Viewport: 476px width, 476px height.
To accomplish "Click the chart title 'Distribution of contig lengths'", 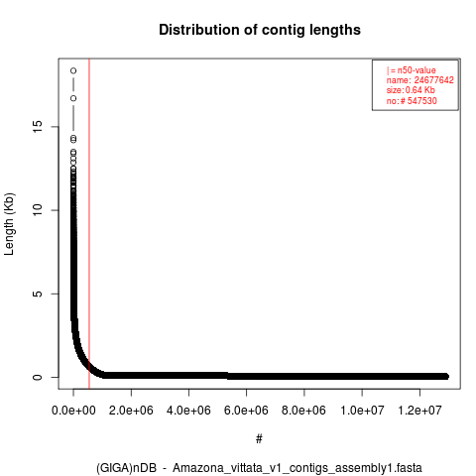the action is coord(260,30).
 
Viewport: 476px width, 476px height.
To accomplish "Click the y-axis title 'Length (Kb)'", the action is coord(10,224).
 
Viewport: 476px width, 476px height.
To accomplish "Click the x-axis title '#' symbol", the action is coord(259,439).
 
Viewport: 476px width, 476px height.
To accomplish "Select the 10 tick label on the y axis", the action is coord(38,210).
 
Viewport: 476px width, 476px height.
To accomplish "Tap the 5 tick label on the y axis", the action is coord(38,294).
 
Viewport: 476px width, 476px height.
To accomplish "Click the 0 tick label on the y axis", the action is coord(38,377).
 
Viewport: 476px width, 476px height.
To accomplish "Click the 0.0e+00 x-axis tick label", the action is coord(73,411).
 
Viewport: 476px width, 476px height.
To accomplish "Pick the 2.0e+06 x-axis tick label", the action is coord(131,411).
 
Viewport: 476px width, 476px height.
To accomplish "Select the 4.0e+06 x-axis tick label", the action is coord(188,411).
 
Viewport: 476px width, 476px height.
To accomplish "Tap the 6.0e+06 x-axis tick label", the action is coord(246,411).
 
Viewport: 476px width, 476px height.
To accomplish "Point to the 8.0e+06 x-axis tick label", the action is coord(303,411).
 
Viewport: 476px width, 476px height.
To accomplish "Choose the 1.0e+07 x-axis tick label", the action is coord(362,411).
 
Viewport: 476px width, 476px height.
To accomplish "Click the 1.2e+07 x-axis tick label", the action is coord(419,411).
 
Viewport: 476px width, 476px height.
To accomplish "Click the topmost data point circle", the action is coord(73,70).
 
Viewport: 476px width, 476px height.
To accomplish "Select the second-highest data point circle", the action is coord(73,98).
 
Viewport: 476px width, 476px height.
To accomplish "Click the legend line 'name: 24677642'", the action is coord(420,80).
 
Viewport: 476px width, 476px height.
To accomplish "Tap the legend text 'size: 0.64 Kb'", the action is coord(411,90).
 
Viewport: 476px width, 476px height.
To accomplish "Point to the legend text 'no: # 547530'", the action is coord(412,101).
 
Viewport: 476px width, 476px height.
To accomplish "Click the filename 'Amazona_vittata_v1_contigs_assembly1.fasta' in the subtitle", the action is coord(297,468).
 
